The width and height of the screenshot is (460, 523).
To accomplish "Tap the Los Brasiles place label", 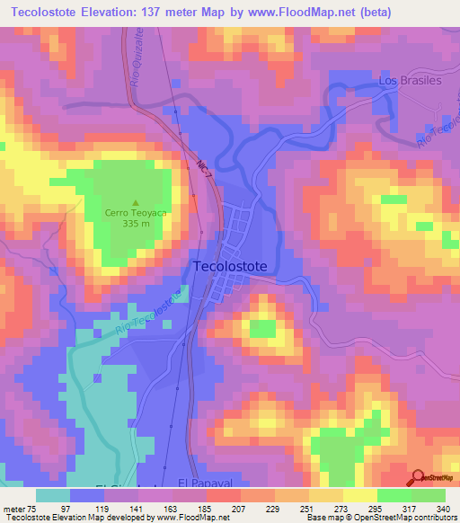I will [411, 80].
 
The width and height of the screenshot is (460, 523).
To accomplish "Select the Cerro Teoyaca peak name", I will [137, 213].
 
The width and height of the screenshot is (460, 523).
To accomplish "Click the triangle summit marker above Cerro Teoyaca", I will [136, 202].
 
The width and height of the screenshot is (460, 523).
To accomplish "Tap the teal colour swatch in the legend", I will [53, 494].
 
